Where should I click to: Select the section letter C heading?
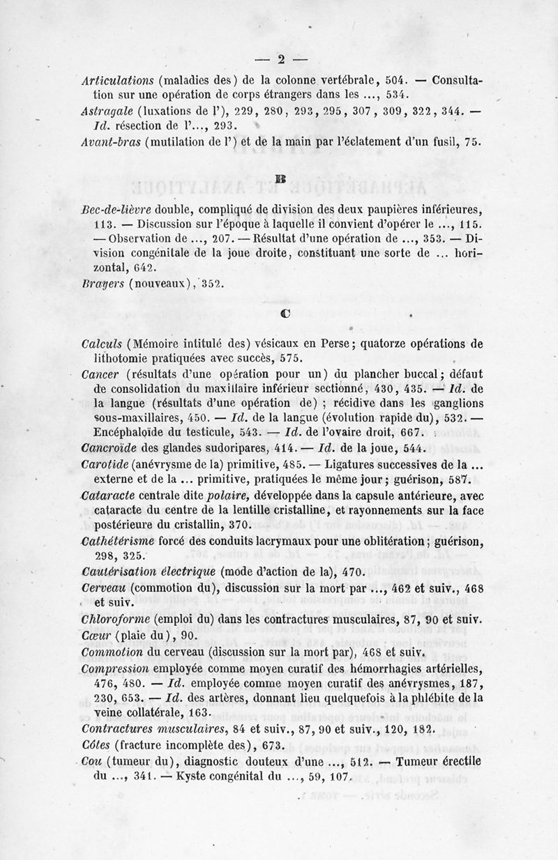point(285,313)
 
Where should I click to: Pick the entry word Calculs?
point(102,343)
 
